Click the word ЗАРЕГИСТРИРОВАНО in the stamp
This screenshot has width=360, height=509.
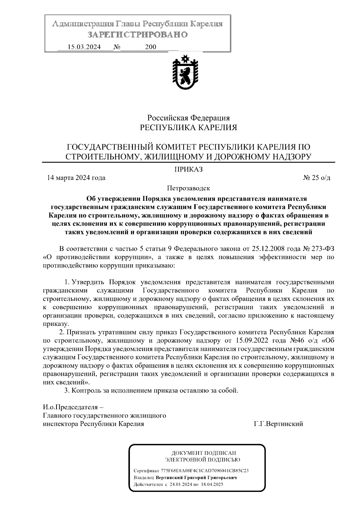click(138, 35)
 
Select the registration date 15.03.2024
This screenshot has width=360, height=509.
click(84, 47)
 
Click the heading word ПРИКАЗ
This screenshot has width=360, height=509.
click(189, 169)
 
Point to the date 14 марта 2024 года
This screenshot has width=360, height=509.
click(76, 178)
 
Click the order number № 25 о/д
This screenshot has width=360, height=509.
click(317, 178)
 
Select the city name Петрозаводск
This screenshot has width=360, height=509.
click(189, 188)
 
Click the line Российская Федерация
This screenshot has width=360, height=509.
click(189, 118)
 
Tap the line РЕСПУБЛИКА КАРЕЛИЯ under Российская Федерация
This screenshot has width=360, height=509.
click(189, 128)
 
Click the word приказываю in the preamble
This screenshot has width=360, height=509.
click(155, 265)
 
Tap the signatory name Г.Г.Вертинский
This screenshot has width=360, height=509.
click(278, 424)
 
